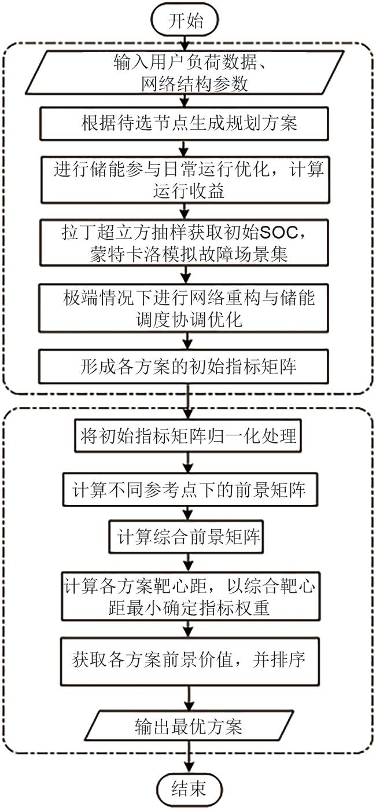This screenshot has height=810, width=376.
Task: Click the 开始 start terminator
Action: (x=186, y=21)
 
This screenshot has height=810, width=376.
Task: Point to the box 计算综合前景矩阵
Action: (x=186, y=538)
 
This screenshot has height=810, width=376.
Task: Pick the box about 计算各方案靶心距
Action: (x=186, y=596)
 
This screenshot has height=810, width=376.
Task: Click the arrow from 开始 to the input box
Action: (x=186, y=40)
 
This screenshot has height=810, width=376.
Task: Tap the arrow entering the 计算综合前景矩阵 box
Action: (x=186, y=514)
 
